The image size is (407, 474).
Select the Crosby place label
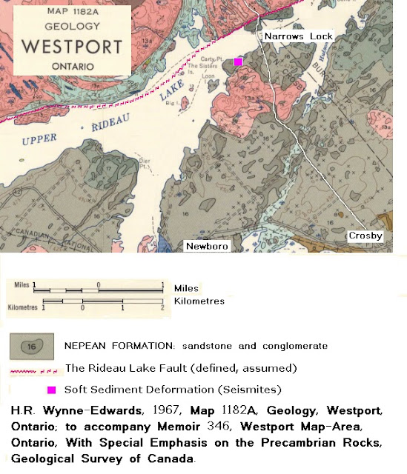[x=366, y=236]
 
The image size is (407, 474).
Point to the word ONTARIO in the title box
[x=73, y=66]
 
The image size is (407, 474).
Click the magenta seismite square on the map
[x=238, y=62]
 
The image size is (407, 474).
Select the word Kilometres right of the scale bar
[x=199, y=301]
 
